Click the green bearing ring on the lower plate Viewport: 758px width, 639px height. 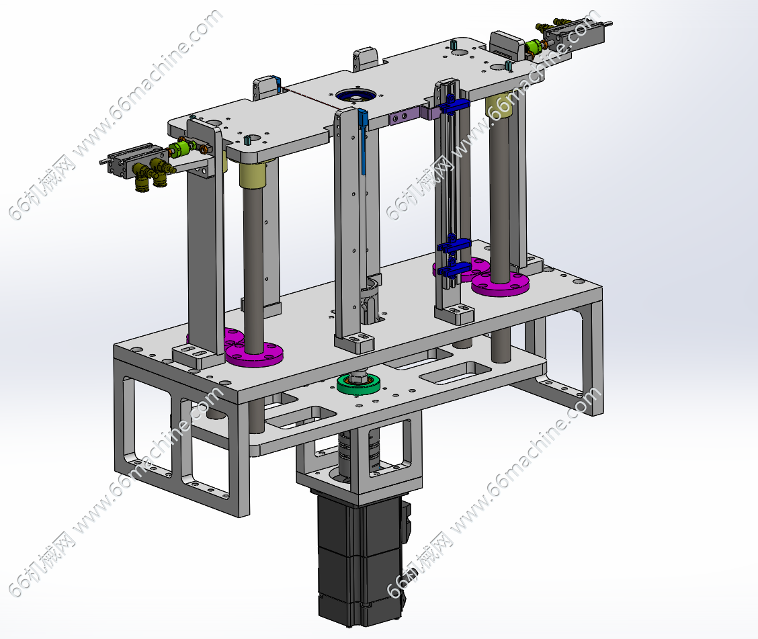click(x=358, y=384)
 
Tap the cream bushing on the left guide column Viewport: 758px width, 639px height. click(x=253, y=174)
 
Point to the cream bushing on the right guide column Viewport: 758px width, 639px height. click(x=500, y=108)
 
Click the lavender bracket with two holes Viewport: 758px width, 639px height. click(x=405, y=117)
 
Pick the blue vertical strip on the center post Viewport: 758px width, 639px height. click(x=364, y=141)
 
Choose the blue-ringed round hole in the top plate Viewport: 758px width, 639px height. click(x=355, y=95)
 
